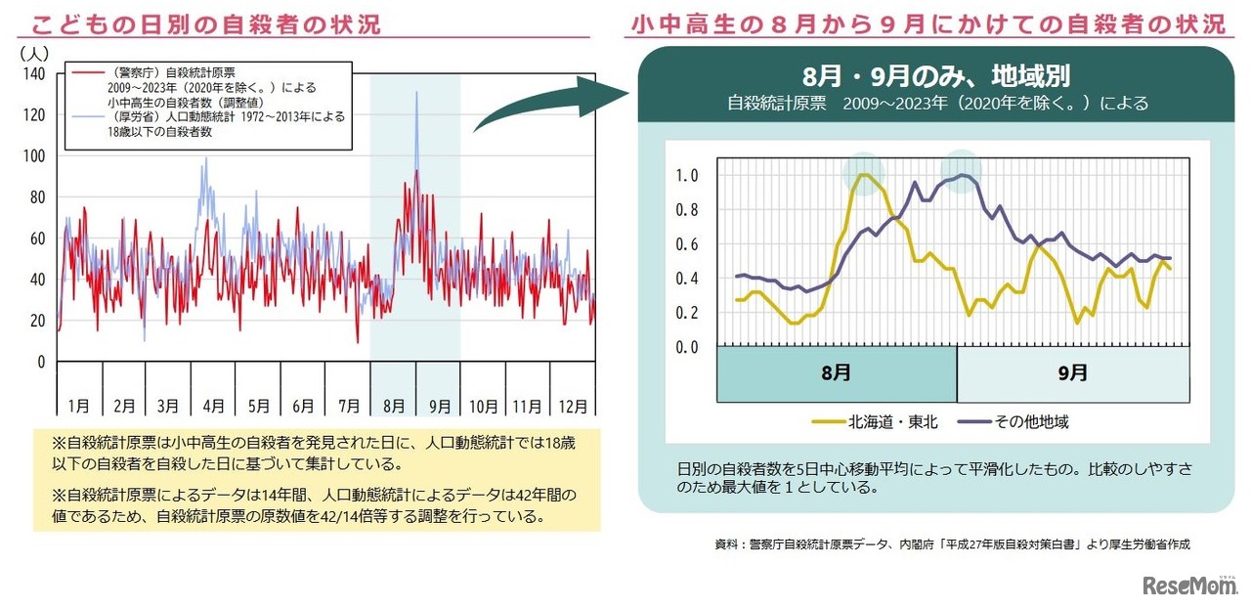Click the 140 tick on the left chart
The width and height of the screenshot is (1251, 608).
coord(35,74)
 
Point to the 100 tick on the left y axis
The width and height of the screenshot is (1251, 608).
coord(35,156)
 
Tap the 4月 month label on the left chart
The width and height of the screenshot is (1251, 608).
coord(213,405)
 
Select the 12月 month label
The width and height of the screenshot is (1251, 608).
coord(574,405)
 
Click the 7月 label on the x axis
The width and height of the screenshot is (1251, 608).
coord(348,405)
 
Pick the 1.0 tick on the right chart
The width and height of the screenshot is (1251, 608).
coord(687,176)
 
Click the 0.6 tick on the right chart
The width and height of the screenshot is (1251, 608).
coord(687,244)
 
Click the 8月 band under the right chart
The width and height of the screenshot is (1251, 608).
coord(837,372)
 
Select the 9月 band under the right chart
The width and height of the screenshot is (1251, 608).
coord(1072,372)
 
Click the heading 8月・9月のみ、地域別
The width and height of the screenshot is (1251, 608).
coord(936,76)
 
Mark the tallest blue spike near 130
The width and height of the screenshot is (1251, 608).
coord(416,94)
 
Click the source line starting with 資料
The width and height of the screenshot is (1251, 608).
coord(952,544)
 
